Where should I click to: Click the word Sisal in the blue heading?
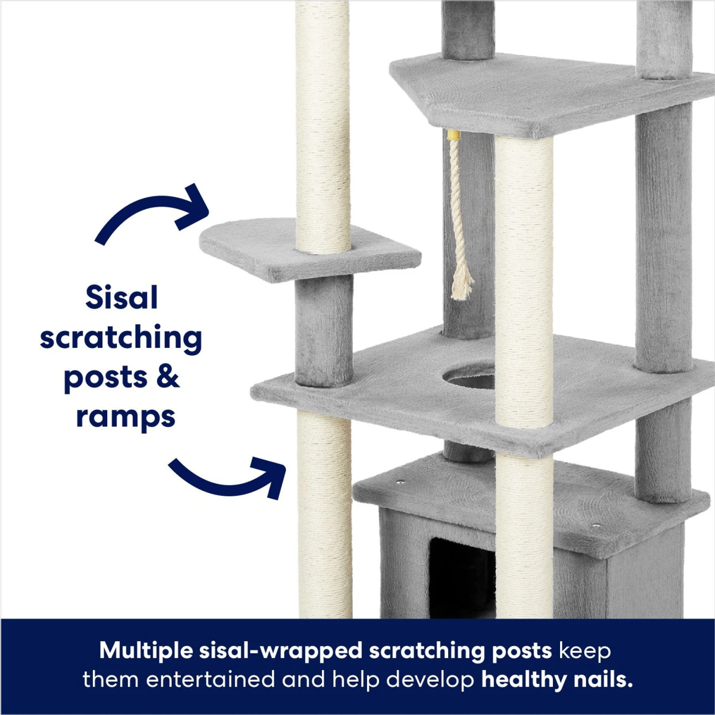point(122,298)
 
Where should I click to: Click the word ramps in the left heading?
point(125,417)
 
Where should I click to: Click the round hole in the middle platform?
point(469,376)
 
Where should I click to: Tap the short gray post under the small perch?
point(324,331)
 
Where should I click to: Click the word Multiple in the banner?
point(146,651)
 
